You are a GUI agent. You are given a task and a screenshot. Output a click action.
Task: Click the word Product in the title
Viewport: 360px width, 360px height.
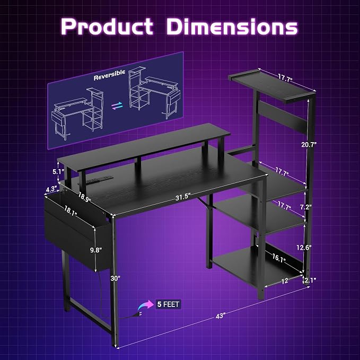point(107,26)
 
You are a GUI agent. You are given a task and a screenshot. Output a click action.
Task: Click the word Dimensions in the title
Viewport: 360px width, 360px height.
point(232,27)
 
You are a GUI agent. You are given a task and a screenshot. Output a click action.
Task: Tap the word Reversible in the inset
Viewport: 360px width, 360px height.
point(109,75)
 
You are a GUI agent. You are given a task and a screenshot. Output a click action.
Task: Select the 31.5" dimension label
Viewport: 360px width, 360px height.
point(183,197)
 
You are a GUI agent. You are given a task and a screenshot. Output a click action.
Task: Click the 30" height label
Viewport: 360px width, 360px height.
point(115,278)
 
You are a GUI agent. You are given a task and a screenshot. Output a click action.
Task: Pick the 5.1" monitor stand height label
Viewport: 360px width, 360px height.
point(58,171)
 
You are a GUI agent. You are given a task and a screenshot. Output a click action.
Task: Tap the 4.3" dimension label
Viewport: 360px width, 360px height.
point(51,189)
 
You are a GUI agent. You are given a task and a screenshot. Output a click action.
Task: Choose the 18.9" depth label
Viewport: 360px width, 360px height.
point(84,197)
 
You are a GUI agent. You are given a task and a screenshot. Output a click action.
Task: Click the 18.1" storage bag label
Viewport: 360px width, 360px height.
point(71,211)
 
